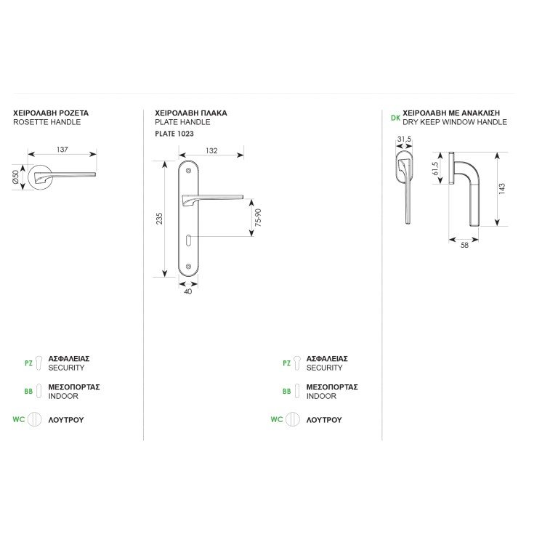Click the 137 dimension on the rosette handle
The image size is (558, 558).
pos(62,150)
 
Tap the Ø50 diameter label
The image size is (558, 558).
pos(16,177)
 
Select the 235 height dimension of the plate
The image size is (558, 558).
pos(159,219)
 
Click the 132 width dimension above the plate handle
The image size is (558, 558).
pos(211,150)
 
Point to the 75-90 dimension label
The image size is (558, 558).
pos(259,217)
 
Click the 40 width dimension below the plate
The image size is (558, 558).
pos(188,291)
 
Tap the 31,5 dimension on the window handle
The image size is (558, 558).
pos(404,139)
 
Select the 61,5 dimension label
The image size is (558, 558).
pos(435,169)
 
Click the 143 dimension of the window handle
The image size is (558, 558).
pos(502,189)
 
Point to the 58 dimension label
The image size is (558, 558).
pos(464,245)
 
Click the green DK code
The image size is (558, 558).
pos(395,118)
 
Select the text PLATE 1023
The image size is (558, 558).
pos(174,134)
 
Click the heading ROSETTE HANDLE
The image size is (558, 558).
pos(47,122)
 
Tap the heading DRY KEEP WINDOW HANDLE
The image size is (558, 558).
pos(455,122)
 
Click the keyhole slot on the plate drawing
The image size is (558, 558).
pos(188,240)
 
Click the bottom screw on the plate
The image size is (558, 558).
pos(189,266)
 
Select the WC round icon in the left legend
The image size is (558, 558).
pos(35,419)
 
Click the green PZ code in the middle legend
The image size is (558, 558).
pos(286,363)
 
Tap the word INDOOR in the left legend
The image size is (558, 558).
pos(63,396)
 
